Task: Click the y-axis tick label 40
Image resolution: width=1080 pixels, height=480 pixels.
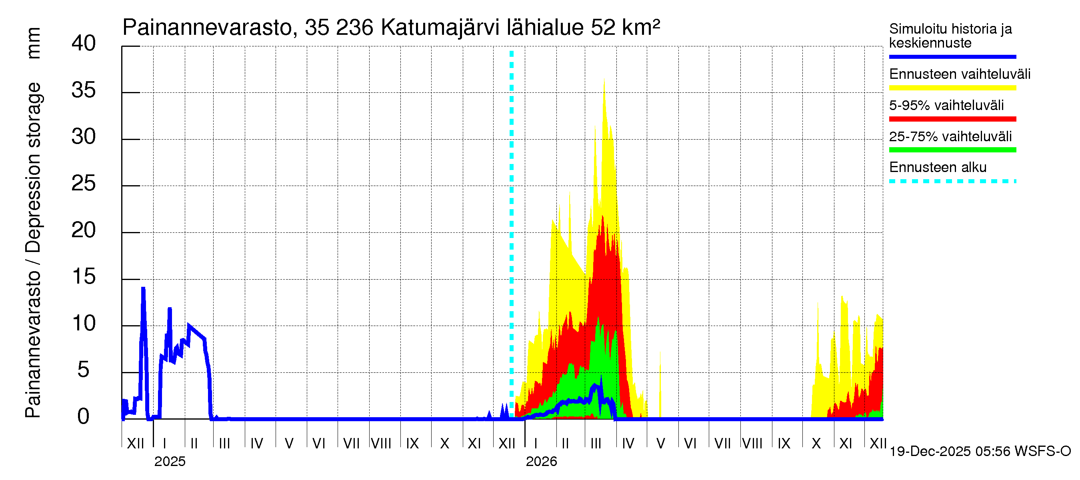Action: (84, 44)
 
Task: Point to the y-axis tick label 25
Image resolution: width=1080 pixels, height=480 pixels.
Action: (84, 184)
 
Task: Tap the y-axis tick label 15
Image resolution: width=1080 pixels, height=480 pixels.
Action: (84, 277)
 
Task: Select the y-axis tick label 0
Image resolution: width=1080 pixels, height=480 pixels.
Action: (84, 417)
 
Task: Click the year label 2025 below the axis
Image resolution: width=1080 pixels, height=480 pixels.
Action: (170, 462)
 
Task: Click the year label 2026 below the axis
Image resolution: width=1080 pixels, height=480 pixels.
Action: (541, 462)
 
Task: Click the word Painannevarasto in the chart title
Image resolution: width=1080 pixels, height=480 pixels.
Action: (208, 28)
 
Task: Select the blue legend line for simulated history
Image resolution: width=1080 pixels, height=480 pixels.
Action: (952, 56)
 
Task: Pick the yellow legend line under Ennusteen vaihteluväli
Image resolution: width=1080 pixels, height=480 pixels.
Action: (952, 88)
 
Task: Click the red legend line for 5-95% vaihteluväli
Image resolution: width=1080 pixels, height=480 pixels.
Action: (952, 119)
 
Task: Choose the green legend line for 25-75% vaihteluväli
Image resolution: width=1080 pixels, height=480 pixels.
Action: (952, 150)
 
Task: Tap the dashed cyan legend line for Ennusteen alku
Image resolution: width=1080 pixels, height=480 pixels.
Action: (952, 182)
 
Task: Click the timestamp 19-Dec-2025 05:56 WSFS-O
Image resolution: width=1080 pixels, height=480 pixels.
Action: (980, 452)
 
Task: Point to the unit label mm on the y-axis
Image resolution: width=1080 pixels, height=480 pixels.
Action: (34, 43)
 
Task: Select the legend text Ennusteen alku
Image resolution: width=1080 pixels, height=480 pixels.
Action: (938, 167)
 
